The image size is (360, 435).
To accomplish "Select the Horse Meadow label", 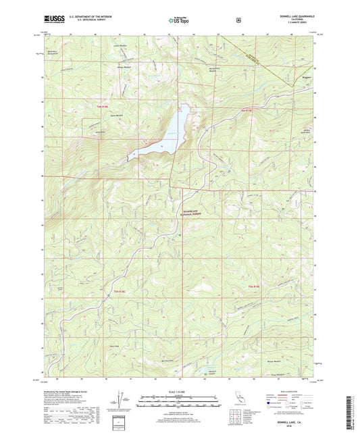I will click(115, 116).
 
